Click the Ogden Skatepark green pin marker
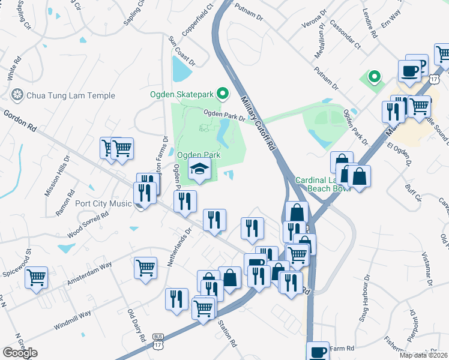pos(223,93)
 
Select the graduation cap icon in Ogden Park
pos(199,169)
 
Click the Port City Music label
pos(104,203)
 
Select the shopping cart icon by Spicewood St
pos(37,277)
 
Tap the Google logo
pos(20,353)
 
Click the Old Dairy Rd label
pos(137,325)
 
